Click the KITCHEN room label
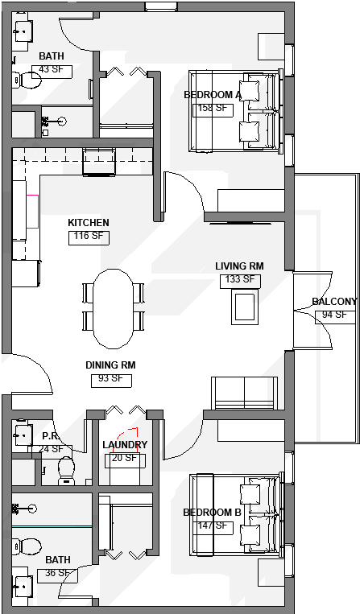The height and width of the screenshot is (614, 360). pyautogui.click(x=88, y=223)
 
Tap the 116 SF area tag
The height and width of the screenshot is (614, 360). pyautogui.click(x=88, y=237)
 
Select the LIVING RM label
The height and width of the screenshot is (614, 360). pyautogui.click(x=239, y=266)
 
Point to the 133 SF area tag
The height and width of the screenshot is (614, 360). pyautogui.click(x=239, y=280)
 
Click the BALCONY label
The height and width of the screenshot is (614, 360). pyautogui.click(x=334, y=303)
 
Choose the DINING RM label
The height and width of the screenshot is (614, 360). pyautogui.click(x=110, y=365)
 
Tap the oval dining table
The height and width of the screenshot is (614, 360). pyautogui.click(x=114, y=306)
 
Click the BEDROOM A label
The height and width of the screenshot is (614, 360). pyautogui.click(x=213, y=95)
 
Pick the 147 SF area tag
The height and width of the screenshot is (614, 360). pyautogui.click(x=213, y=527)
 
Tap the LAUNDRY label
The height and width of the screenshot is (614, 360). pyautogui.click(x=125, y=445)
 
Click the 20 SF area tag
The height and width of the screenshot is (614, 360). pyautogui.click(x=125, y=459)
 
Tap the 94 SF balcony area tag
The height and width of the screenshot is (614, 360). pyautogui.click(x=334, y=315)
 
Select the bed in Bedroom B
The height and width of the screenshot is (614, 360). pyautogui.click(x=237, y=515)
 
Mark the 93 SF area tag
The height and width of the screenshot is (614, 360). pyautogui.click(x=110, y=378)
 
